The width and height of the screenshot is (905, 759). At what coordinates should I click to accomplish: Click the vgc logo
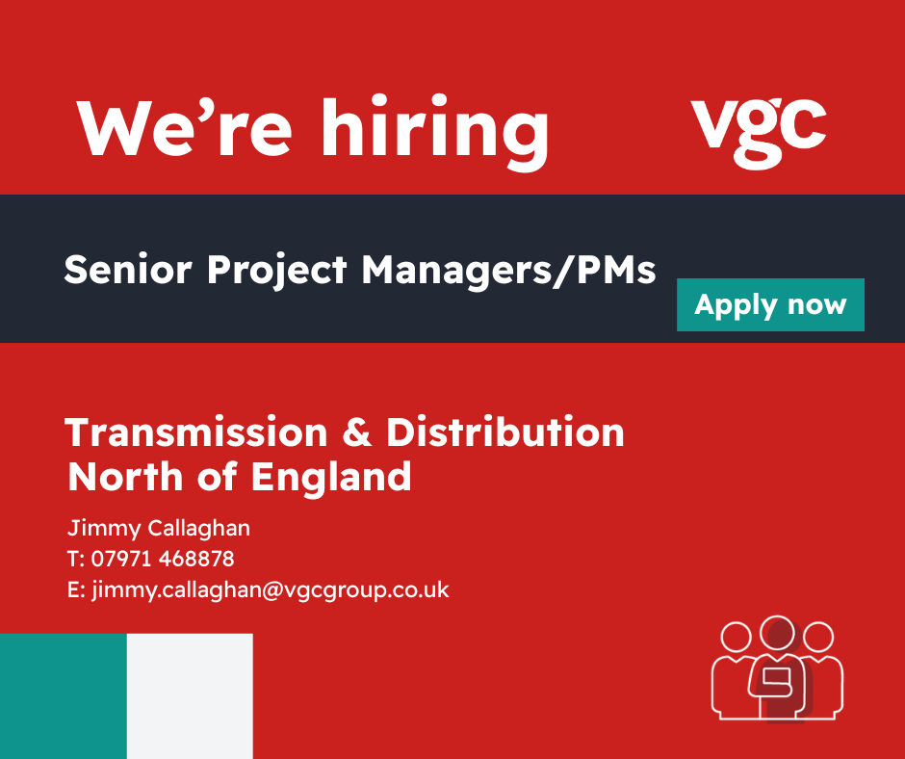click(x=759, y=134)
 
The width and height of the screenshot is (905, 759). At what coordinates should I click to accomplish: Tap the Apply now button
click(x=770, y=305)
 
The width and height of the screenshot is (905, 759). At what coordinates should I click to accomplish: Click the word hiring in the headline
click(x=434, y=132)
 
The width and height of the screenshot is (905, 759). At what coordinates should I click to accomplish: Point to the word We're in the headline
click(x=184, y=128)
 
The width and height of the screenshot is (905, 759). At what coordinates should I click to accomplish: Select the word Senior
click(x=127, y=270)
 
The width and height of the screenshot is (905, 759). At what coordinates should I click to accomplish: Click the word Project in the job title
click(x=277, y=271)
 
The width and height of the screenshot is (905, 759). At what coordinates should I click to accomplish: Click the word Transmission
click(x=196, y=432)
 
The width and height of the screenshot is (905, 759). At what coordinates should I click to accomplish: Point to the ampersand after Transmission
click(x=357, y=432)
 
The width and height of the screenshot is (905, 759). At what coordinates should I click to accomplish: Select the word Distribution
click(x=505, y=432)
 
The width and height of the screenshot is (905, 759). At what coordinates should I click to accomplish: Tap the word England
click(x=331, y=479)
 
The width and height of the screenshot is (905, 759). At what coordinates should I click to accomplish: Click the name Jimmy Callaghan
click(x=159, y=529)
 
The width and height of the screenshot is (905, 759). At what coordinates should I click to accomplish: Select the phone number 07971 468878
click(x=163, y=559)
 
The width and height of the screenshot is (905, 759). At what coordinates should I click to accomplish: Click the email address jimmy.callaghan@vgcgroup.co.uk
click(x=271, y=589)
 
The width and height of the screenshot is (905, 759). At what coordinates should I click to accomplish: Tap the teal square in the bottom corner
click(x=64, y=696)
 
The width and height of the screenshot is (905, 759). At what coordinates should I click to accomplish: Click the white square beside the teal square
click(x=190, y=696)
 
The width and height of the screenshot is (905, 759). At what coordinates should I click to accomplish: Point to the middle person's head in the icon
click(x=778, y=633)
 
